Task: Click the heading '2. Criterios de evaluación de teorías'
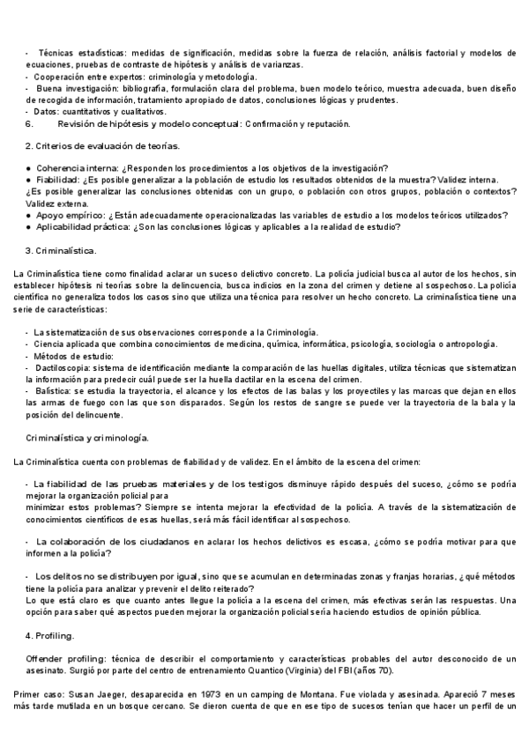(x=102, y=145)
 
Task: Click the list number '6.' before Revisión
(x=29, y=124)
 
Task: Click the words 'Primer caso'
(x=36, y=695)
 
